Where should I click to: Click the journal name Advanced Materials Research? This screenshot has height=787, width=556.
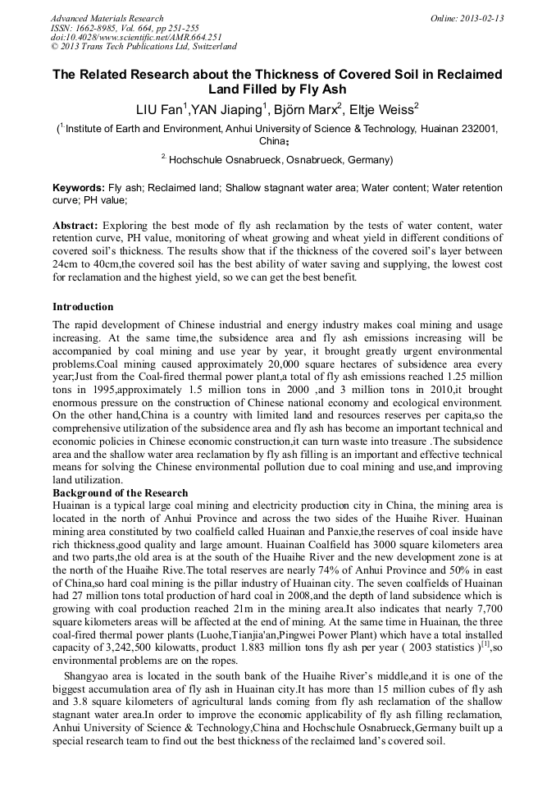107,18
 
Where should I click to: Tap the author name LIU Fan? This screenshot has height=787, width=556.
160,108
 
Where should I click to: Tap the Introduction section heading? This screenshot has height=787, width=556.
83,306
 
